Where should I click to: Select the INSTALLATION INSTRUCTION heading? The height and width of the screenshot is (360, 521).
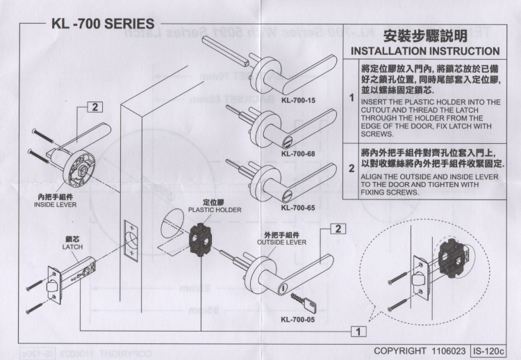425,51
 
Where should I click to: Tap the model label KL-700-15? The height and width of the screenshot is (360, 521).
299,101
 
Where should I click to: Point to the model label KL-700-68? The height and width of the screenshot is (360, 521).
299,153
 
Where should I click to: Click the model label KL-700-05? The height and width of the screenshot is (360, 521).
299,320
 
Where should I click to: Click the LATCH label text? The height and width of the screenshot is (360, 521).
72,247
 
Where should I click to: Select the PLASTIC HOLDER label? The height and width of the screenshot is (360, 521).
215,209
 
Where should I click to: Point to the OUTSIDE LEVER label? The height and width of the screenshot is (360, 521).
281,243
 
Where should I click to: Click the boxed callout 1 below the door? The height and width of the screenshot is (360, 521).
358,330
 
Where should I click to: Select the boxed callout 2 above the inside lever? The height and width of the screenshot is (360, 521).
94,107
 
